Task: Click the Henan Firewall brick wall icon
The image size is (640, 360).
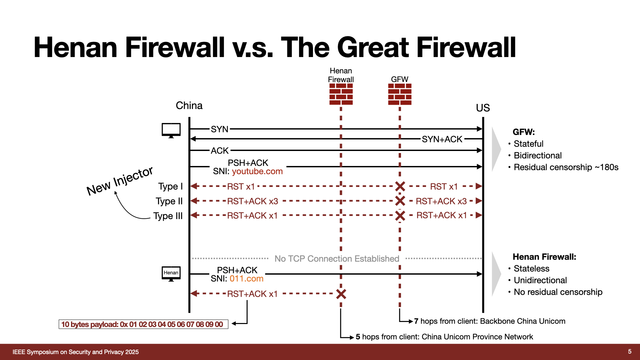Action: pos(341,94)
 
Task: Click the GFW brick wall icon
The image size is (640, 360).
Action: pos(400,94)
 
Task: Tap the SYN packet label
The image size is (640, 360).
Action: pos(219,129)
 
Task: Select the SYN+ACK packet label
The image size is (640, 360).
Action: pos(442,139)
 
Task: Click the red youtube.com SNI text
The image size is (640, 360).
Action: pos(257,171)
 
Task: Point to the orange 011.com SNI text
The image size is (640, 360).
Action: pos(246,279)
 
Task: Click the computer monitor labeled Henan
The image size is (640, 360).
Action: pos(171,274)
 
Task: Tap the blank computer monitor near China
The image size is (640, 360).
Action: pos(171,130)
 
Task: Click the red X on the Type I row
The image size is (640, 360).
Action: pos(400,186)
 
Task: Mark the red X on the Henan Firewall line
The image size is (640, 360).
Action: pos(341,294)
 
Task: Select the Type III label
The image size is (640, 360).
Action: pos(168,216)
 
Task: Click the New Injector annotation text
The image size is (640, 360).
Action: pos(120,181)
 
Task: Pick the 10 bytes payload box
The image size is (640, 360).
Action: pos(143,324)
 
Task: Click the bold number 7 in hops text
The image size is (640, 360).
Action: pos(416,321)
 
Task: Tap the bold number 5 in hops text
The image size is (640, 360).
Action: pos(358,337)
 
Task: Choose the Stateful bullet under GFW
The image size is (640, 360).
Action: pos(528,144)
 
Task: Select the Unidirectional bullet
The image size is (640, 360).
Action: pos(540,280)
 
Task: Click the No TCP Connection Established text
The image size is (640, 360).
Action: pos(337,259)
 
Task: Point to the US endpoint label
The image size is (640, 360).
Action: pos(483,108)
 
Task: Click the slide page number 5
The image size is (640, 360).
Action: pos(630,352)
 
